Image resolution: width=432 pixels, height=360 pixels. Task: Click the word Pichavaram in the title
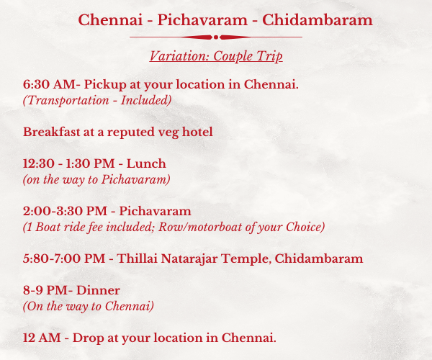pyautogui.click(x=202, y=20)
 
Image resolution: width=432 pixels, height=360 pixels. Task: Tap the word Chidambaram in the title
pyautogui.click(x=317, y=20)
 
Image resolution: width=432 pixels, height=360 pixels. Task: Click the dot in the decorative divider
pyautogui.click(x=216, y=37)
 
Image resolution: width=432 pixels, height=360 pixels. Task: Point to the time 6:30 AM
pyautogui.click(x=49, y=84)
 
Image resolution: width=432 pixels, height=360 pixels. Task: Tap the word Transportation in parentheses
pyautogui.click(x=68, y=101)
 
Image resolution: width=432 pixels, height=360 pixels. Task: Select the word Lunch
pyautogui.click(x=146, y=163)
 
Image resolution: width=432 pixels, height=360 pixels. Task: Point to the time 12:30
pyautogui.click(x=39, y=163)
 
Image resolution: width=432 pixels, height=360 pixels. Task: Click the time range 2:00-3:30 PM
pyautogui.click(x=65, y=211)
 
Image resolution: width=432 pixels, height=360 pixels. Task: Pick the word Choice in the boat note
pyautogui.click(x=303, y=228)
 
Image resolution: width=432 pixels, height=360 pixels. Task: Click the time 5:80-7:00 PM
pyautogui.click(x=64, y=259)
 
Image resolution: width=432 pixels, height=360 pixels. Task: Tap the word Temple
pyautogui.click(x=246, y=259)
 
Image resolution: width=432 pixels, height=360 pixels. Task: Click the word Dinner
pyautogui.click(x=98, y=291)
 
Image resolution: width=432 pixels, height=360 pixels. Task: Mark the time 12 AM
pyautogui.click(x=42, y=338)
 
